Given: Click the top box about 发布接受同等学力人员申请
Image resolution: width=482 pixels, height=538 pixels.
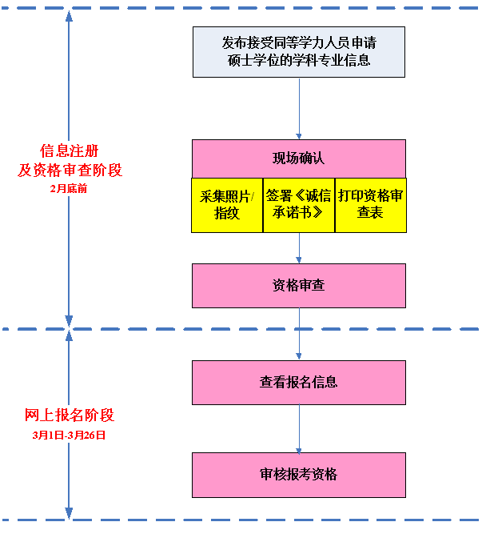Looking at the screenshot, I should click(298, 51).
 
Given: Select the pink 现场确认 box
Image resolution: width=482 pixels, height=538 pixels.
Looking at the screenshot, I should click(298, 158).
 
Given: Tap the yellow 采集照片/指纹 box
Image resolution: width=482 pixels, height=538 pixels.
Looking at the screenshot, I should click(227, 205).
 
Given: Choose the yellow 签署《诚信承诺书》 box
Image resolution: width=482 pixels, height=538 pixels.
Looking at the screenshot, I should click(298, 205).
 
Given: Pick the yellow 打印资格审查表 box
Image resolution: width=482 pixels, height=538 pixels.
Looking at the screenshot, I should click(370, 205).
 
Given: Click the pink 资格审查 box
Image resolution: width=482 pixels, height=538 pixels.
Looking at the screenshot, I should click(298, 286).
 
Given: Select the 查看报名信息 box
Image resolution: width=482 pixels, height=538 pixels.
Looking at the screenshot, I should click(298, 382).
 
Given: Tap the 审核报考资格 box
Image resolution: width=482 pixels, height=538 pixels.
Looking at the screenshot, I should click(298, 474).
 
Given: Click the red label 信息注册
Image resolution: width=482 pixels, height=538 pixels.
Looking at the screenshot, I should click(70, 151).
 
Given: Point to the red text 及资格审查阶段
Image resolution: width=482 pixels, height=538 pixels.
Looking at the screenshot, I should click(70, 171).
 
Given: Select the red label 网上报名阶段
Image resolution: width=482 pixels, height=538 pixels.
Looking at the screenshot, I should click(70, 416).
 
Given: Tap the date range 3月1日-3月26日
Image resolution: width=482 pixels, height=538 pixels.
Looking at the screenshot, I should click(70, 436).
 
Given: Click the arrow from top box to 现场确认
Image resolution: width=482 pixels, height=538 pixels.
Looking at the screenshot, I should click(299, 108).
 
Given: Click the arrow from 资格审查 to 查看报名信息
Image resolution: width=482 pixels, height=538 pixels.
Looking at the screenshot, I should click(299, 334).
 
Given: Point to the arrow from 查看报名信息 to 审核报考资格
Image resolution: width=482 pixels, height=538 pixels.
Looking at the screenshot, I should click(299, 428).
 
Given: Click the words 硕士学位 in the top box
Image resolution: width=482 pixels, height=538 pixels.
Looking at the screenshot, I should click(249, 60).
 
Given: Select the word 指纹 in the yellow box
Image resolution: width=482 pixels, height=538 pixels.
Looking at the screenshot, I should click(227, 214).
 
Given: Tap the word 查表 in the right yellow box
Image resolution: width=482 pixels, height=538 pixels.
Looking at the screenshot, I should click(370, 214).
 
